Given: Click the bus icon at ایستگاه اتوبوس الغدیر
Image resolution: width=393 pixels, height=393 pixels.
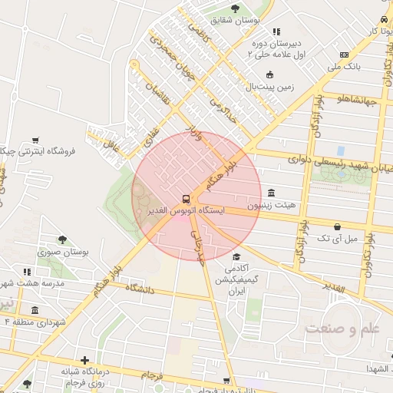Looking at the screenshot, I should [x=185, y=197].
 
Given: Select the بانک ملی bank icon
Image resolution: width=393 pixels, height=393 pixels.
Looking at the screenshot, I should [x=343, y=54].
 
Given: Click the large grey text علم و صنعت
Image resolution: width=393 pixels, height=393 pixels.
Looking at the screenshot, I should [x=342, y=329].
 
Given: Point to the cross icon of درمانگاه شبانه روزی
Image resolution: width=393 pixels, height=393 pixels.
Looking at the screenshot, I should [x=84, y=359].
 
